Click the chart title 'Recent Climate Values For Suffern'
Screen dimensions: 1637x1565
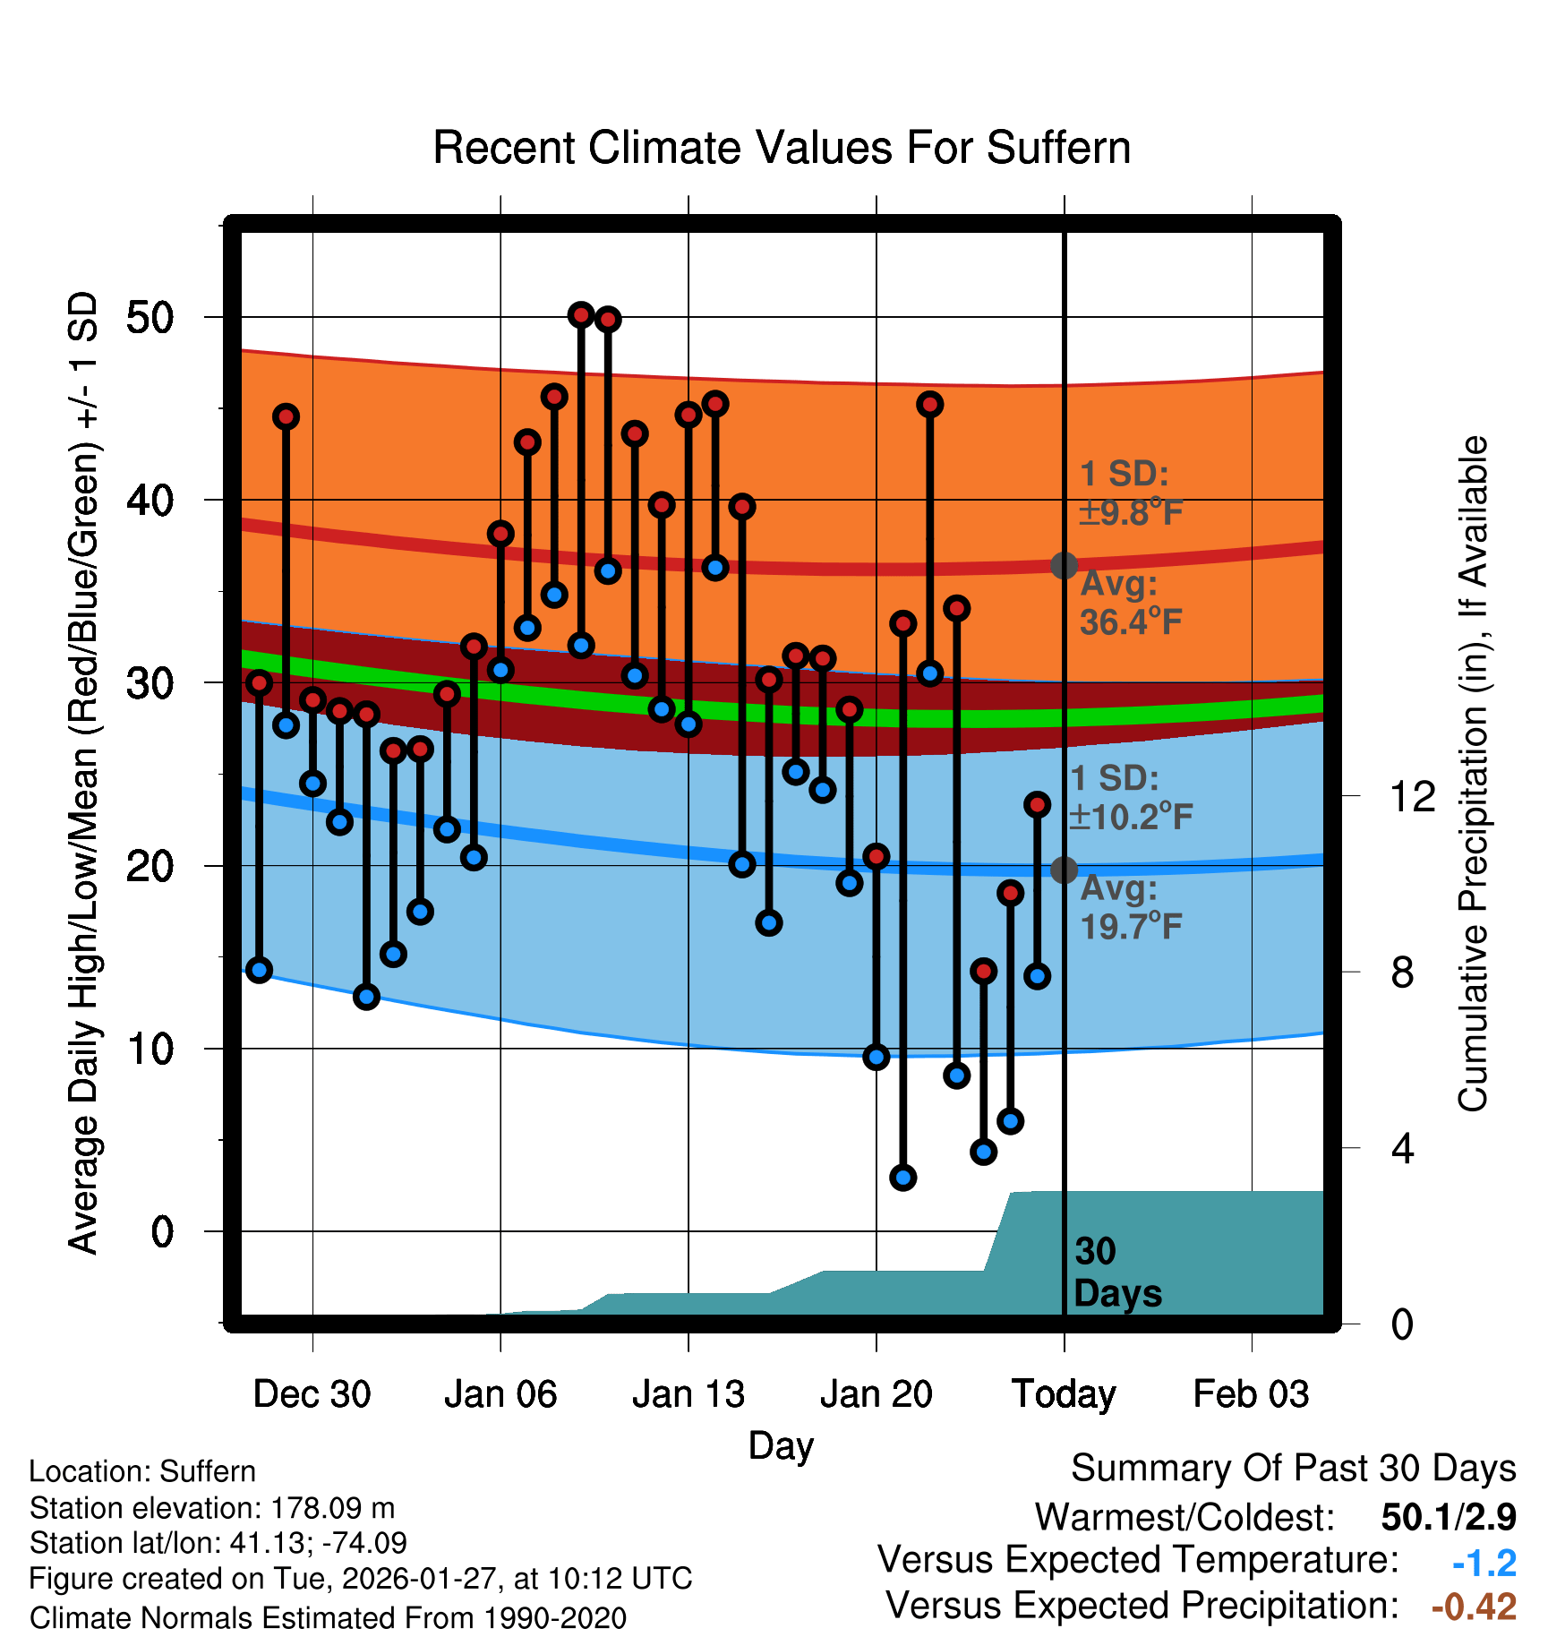tap(781, 148)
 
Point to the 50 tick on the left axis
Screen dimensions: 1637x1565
tap(150, 318)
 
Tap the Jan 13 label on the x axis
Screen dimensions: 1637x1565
tap(688, 1394)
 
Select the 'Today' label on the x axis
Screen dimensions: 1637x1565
tap(1064, 1394)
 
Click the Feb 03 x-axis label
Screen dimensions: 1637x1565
tap(1251, 1394)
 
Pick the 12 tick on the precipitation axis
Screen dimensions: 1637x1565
tap(1412, 796)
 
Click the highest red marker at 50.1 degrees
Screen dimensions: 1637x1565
tap(581, 314)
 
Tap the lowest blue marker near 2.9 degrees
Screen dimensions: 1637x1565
tap(902, 1178)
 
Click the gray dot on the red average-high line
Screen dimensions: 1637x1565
tap(1064, 565)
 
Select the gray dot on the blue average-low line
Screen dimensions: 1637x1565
tap(1064, 870)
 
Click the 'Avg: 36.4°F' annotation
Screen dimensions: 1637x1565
tap(1131, 603)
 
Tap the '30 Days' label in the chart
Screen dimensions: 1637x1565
tap(1116, 1273)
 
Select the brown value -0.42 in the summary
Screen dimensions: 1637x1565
tap(1474, 1607)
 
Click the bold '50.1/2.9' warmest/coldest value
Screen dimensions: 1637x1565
tap(1448, 1517)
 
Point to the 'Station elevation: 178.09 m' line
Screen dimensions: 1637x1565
tap(212, 1508)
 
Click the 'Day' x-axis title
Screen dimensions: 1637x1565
tap(781, 1445)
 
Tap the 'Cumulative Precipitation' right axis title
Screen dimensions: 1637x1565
tap(1473, 774)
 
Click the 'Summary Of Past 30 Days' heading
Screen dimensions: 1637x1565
tap(1293, 1469)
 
